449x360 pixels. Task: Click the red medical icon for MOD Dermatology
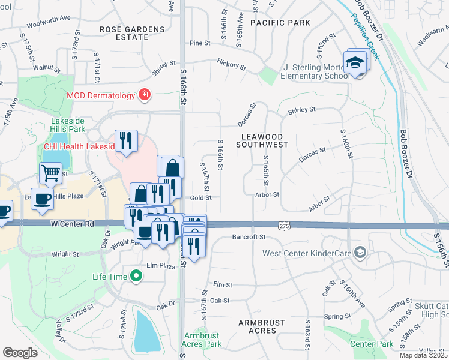point(143,95)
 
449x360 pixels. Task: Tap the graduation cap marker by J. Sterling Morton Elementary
point(355,62)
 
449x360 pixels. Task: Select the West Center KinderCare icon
point(360,252)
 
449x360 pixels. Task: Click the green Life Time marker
point(137,276)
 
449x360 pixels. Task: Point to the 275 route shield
point(285,224)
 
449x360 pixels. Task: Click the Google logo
point(20,352)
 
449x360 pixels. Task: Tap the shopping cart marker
point(50,173)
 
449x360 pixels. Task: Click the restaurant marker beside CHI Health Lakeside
point(126,141)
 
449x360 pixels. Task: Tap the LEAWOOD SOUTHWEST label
point(262,140)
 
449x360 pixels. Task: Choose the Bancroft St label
point(249,238)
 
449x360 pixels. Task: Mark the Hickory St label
point(231,64)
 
